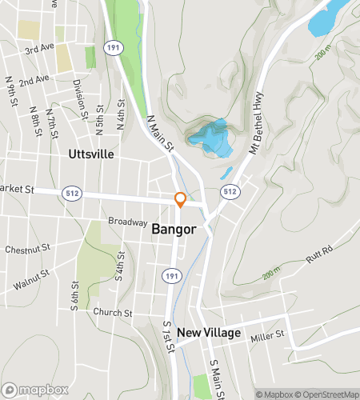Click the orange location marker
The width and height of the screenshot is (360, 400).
tap(181, 199)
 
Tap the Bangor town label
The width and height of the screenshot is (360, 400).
tap(174, 229)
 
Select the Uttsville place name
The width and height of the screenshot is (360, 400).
tap(91, 154)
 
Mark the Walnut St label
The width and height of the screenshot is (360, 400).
tap(32, 277)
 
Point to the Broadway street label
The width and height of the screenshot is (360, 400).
tap(128, 222)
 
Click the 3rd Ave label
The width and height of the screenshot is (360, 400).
tap(38, 49)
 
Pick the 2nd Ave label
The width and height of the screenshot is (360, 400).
tap(34, 81)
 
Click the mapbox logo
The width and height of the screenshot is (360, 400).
tap(34, 390)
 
